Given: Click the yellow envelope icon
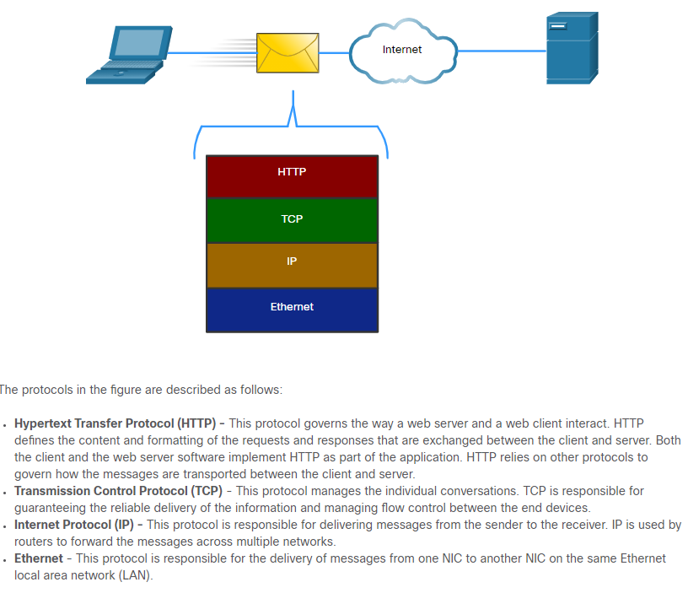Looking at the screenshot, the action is [x=288, y=52].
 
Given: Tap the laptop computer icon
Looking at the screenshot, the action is [x=129, y=55].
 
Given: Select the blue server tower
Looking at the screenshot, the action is [x=572, y=48].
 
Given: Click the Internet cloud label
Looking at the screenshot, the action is [x=402, y=50].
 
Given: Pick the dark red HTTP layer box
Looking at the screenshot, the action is [x=293, y=176].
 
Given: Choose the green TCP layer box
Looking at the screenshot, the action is [x=293, y=220].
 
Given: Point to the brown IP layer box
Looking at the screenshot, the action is [x=293, y=265].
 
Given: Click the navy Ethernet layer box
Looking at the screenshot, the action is [x=293, y=310].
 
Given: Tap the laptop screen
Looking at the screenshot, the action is [x=139, y=42].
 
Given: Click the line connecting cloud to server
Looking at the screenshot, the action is [x=502, y=51].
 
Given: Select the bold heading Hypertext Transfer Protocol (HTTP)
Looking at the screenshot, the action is [x=115, y=423].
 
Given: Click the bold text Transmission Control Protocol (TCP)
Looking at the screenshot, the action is [x=119, y=491].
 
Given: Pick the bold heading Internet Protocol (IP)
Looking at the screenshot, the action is [x=73, y=525].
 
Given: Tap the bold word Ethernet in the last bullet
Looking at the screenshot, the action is [x=39, y=558].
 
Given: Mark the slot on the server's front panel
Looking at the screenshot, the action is [x=557, y=26].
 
